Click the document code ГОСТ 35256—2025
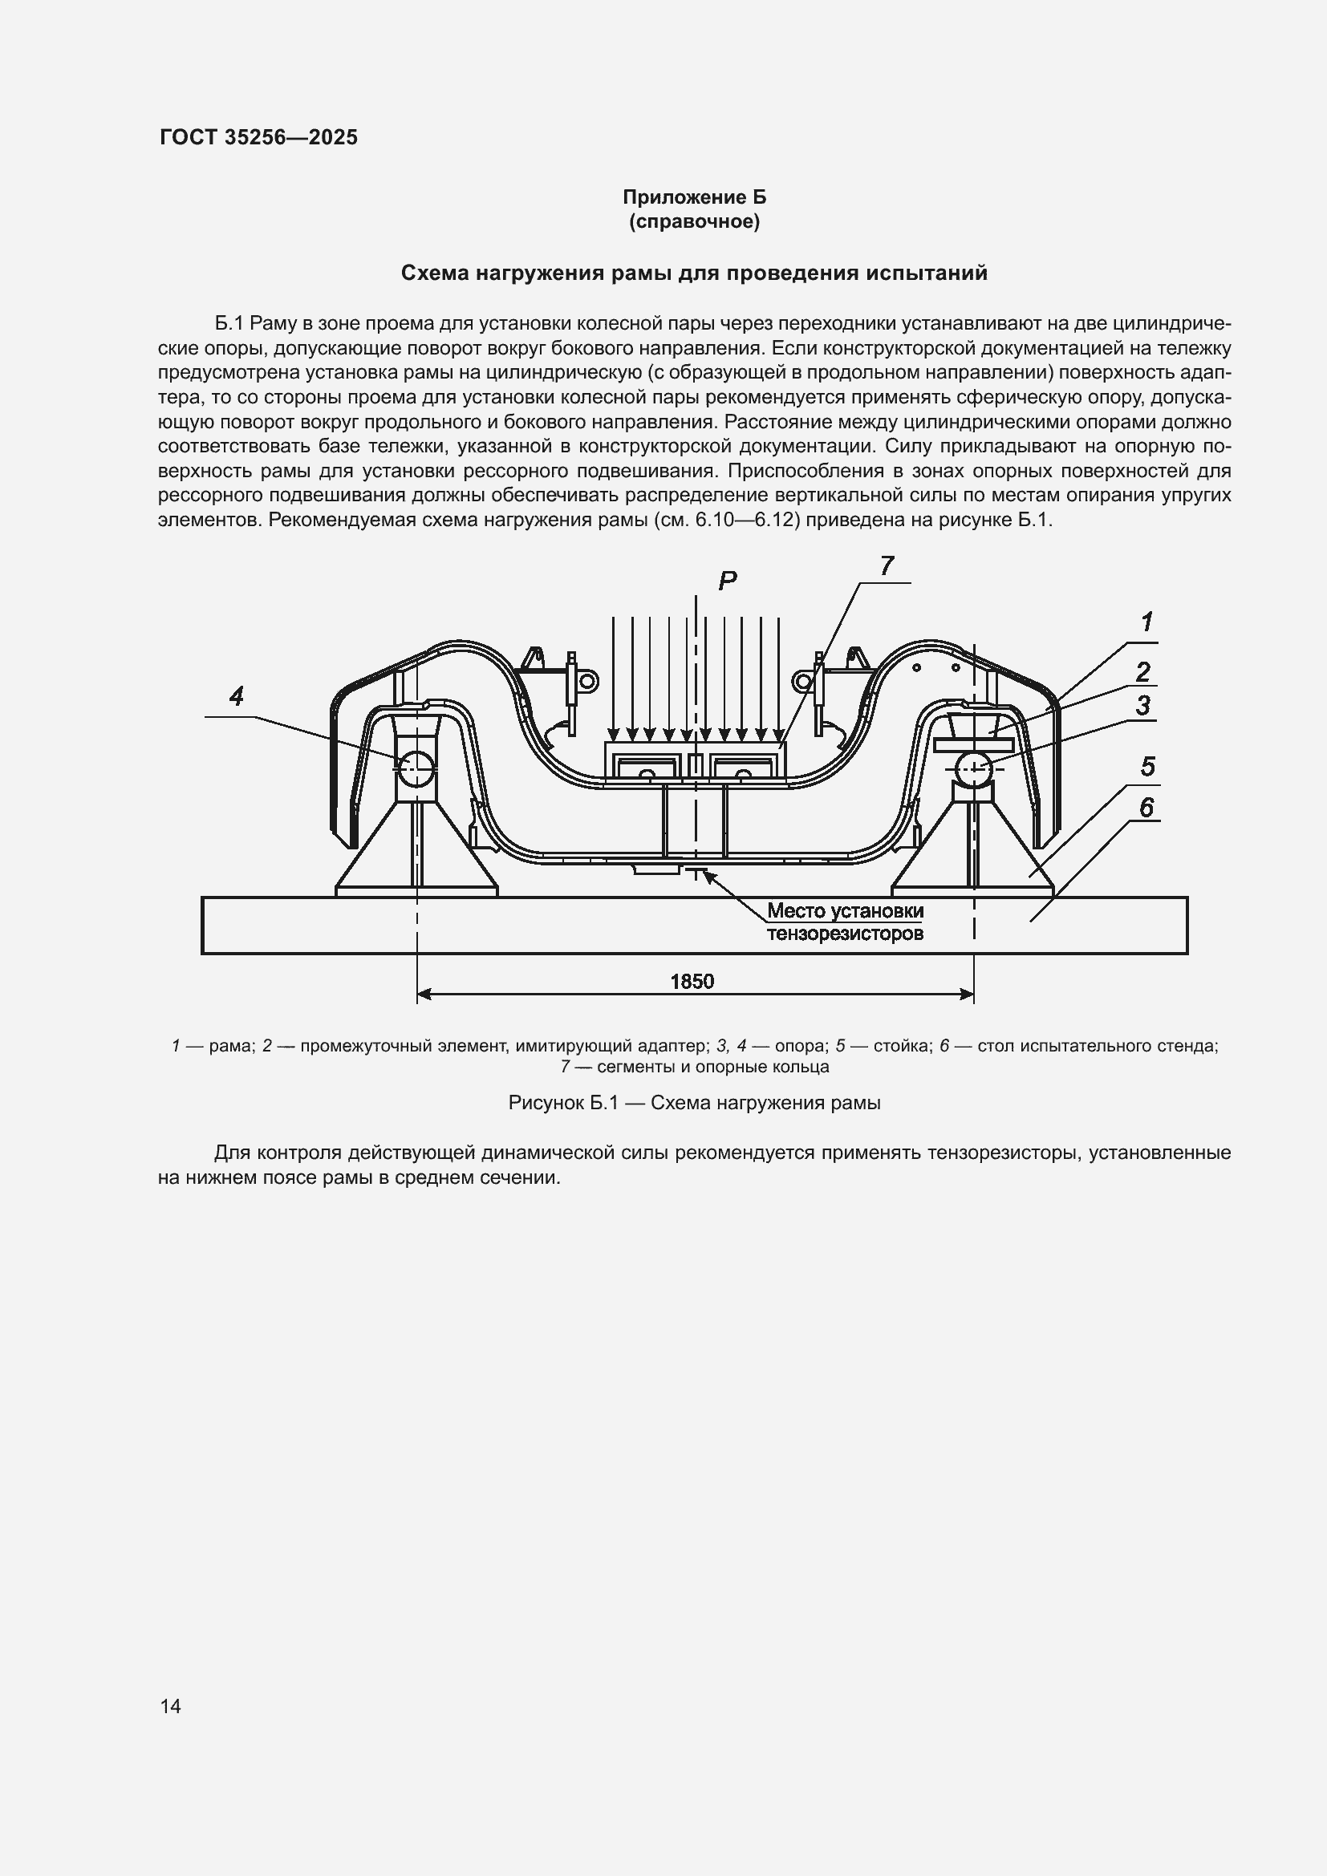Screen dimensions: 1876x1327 coord(258,137)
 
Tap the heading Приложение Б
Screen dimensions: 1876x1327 coord(694,197)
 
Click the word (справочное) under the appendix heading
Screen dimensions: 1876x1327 coord(694,221)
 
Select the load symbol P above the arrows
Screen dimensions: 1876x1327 coord(727,581)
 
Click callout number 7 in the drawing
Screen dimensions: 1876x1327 coord(887,565)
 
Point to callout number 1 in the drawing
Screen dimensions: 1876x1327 coord(1146,622)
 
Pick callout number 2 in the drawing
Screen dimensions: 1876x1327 coord(1142,671)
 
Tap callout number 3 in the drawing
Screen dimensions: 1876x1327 coord(1142,705)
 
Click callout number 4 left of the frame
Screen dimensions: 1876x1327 coord(236,697)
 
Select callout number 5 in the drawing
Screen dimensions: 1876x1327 coord(1147,768)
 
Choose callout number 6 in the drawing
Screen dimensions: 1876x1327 coord(1146,808)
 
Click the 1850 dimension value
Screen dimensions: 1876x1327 coord(692,981)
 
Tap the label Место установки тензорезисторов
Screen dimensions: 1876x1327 coord(845,922)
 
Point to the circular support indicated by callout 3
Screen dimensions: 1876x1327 coord(973,769)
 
